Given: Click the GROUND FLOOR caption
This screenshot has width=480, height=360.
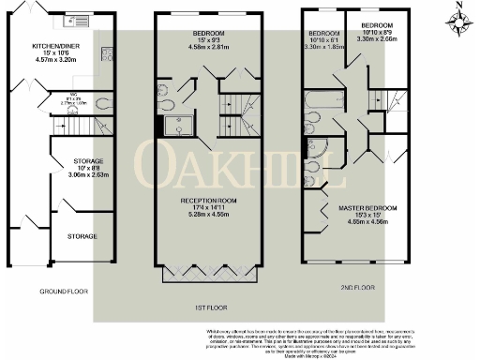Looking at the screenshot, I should (63, 292).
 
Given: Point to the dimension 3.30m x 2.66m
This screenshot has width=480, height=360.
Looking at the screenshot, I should (377, 39).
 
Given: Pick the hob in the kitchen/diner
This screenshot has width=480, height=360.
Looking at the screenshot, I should (68, 20).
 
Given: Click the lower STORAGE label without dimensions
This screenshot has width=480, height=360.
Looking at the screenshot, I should (82, 237).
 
